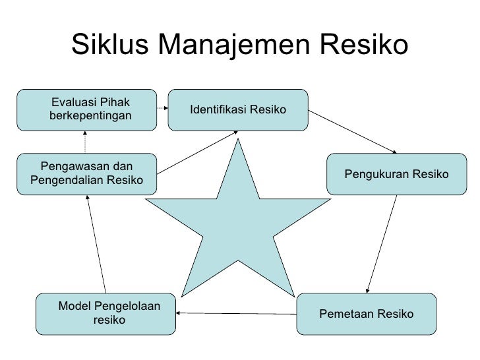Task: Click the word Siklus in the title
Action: pyautogui.click(x=111, y=45)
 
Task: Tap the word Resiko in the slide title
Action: pyautogui.click(x=363, y=45)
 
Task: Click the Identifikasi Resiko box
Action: pyautogui.click(x=238, y=109)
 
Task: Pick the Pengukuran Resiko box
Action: pyautogui.click(x=396, y=174)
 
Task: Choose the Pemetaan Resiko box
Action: pyautogui.click(x=367, y=314)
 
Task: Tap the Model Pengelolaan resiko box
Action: pyautogui.click(x=106, y=314)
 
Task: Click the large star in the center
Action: pyautogui.click(x=237, y=218)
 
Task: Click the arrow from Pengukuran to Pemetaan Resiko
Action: pyautogui.click(x=382, y=244)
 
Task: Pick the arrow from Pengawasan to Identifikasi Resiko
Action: pyautogui.click(x=197, y=152)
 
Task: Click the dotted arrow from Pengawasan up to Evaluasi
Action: pyautogui.click(x=86, y=140)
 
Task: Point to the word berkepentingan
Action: pyautogui.click(x=90, y=116)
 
